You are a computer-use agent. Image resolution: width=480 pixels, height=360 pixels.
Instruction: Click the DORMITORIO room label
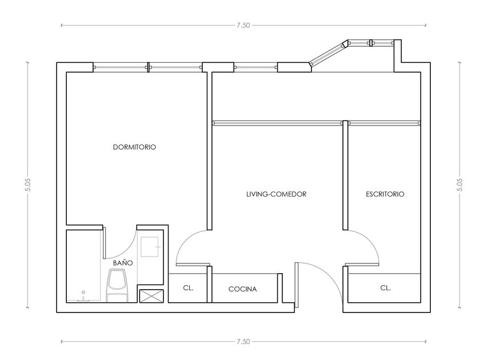(134, 147)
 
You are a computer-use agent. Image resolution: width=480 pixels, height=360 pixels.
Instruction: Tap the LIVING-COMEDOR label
(276, 194)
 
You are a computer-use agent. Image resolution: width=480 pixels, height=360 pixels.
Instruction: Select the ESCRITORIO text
(385, 194)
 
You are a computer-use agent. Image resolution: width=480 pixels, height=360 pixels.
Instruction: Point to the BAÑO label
(123, 263)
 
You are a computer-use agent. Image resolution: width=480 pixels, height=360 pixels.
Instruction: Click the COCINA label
(242, 289)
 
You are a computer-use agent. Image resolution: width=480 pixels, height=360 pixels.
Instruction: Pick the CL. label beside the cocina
(188, 288)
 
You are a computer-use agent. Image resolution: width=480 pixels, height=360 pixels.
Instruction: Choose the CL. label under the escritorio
(385, 288)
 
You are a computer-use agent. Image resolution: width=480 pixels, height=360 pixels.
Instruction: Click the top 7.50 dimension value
(243, 25)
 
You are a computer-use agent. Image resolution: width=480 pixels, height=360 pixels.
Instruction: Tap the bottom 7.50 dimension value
(243, 342)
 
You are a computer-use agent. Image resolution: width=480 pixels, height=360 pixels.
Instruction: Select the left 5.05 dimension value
(28, 185)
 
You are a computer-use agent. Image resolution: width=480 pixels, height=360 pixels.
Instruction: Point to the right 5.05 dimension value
(459, 185)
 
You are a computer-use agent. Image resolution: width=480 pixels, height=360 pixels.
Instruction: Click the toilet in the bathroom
(117, 285)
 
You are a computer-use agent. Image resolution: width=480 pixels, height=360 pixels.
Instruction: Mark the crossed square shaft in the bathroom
(151, 296)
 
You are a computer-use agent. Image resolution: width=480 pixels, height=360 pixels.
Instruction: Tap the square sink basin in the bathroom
(150, 247)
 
